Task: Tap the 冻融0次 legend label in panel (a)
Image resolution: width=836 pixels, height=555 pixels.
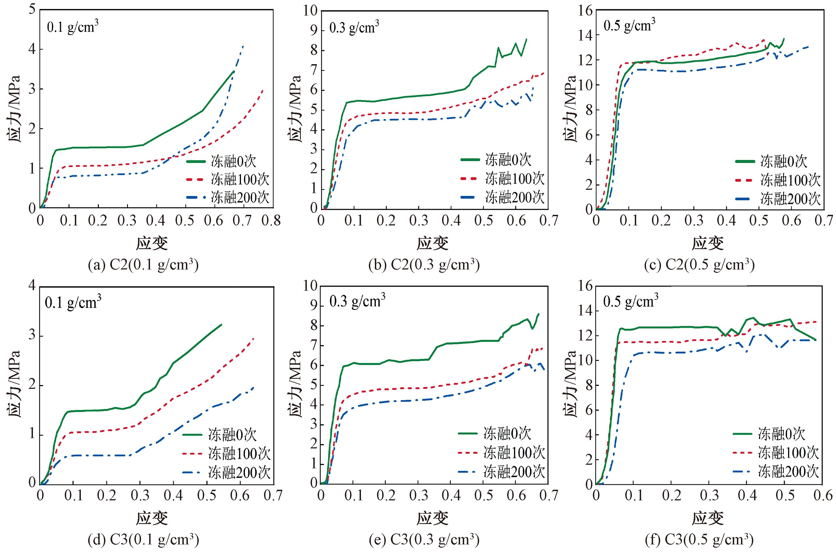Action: pyautogui.click(x=233, y=162)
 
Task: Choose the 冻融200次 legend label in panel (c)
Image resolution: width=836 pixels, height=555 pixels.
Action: pyautogui.click(x=790, y=199)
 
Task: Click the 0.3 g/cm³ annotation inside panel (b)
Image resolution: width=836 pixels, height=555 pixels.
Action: pyautogui.click(x=354, y=27)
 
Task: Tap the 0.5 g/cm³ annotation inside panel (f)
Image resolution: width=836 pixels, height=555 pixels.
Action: pyautogui.click(x=630, y=301)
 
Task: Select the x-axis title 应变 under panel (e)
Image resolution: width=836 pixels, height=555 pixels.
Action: pyautogui.click(x=432, y=518)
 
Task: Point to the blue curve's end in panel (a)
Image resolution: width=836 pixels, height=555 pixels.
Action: pyautogui.click(x=243, y=46)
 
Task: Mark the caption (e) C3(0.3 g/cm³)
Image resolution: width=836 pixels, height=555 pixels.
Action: pyautogui.click(x=424, y=540)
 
